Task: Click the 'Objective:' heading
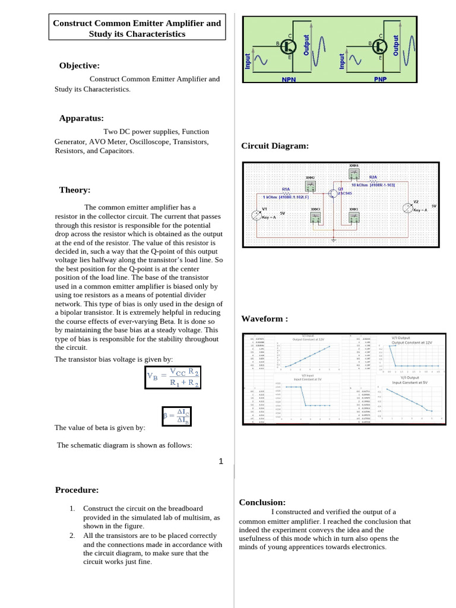(x=79, y=65)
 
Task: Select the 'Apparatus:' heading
(x=81, y=118)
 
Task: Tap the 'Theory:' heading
(x=75, y=190)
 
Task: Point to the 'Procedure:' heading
(x=77, y=490)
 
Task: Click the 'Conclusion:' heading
(x=262, y=502)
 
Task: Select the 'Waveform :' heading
(x=264, y=319)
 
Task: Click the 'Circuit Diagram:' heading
(x=275, y=146)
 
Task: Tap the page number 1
(x=221, y=461)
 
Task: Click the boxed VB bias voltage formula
(x=173, y=378)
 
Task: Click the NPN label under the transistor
(x=289, y=79)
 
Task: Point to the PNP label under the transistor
(x=380, y=79)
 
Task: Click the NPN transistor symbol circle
(x=289, y=45)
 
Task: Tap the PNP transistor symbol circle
(x=380, y=45)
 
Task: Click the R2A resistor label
(x=373, y=177)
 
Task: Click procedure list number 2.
(x=71, y=536)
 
